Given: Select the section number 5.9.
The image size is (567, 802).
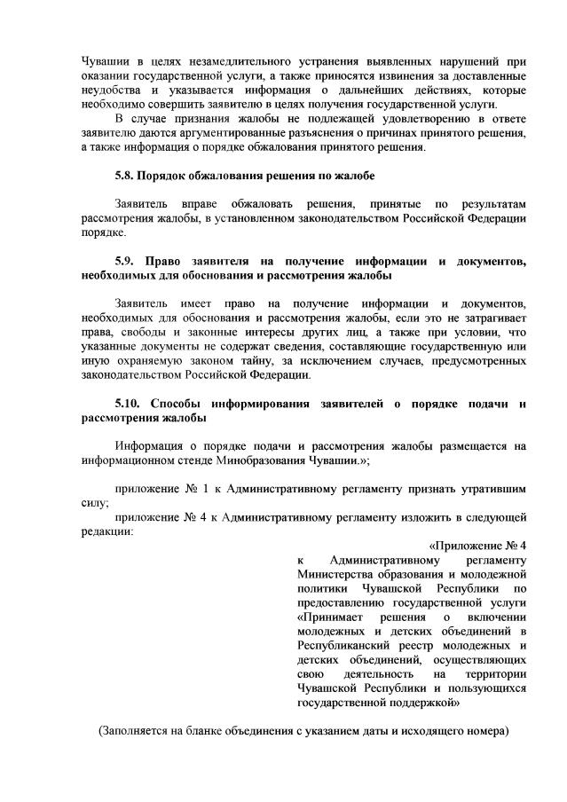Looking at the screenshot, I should [128, 262].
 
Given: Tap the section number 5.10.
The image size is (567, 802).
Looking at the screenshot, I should [130, 404].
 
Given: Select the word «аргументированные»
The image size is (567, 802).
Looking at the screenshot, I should [205, 132].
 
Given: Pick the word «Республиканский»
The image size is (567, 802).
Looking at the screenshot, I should [342, 644].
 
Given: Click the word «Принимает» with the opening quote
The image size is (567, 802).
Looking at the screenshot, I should [329, 616].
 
